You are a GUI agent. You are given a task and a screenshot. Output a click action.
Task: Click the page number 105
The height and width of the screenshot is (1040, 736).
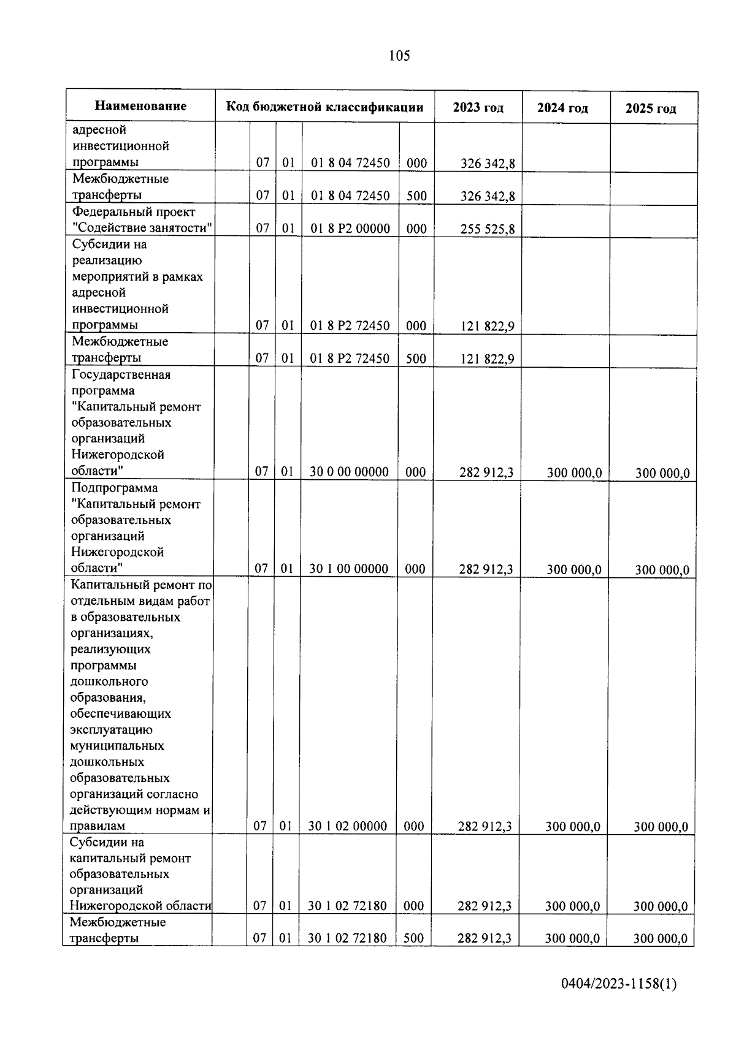pyautogui.click(x=399, y=56)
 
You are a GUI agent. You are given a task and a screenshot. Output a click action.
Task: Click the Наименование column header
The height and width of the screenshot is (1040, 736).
pyautogui.click(x=140, y=106)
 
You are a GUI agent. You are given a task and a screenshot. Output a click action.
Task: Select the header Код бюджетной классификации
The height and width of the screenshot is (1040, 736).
pyautogui.click(x=324, y=107)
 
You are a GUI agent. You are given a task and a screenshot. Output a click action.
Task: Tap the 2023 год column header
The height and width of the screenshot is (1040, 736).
pyautogui.click(x=478, y=108)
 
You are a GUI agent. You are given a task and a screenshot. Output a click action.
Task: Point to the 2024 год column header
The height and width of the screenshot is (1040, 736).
pyautogui.click(x=562, y=108)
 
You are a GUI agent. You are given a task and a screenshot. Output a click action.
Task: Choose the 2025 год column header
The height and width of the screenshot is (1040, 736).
pyautogui.click(x=651, y=109)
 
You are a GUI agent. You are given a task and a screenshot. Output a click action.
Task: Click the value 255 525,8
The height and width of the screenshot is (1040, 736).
pyautogui.click(x=488, y=229)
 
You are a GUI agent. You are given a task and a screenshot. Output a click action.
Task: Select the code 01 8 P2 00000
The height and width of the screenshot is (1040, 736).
pyautogui.click(x=350, y=229)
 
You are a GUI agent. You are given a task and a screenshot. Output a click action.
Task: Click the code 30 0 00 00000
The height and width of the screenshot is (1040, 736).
pyautogui.click(x=349, y=472)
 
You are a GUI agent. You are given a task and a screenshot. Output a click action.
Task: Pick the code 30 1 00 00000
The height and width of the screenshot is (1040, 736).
pyautogui.click(x=348, y=569)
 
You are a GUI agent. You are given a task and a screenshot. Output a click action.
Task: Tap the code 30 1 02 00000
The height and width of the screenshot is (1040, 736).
pyautogui.click(x=347, y=826)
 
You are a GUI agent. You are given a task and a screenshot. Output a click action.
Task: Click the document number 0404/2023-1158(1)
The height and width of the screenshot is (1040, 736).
pyautogui.click(x=619, y=985)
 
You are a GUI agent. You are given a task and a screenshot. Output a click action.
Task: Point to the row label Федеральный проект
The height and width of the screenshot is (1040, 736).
pyautogui.click(x=134, y=212)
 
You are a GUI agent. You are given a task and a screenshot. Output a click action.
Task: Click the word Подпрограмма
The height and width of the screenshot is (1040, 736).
pyautogui.click(x=114, y=488)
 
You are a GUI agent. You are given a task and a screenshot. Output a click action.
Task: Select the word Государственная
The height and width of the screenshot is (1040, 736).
pyautogui.click(x=121, y=374)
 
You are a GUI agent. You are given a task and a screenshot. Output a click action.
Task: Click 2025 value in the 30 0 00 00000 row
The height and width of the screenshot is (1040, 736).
pyautogui.click(x=662, y=473)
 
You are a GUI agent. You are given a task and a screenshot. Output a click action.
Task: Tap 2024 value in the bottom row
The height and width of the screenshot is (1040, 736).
pyautogui.click(x=572, y=939)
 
